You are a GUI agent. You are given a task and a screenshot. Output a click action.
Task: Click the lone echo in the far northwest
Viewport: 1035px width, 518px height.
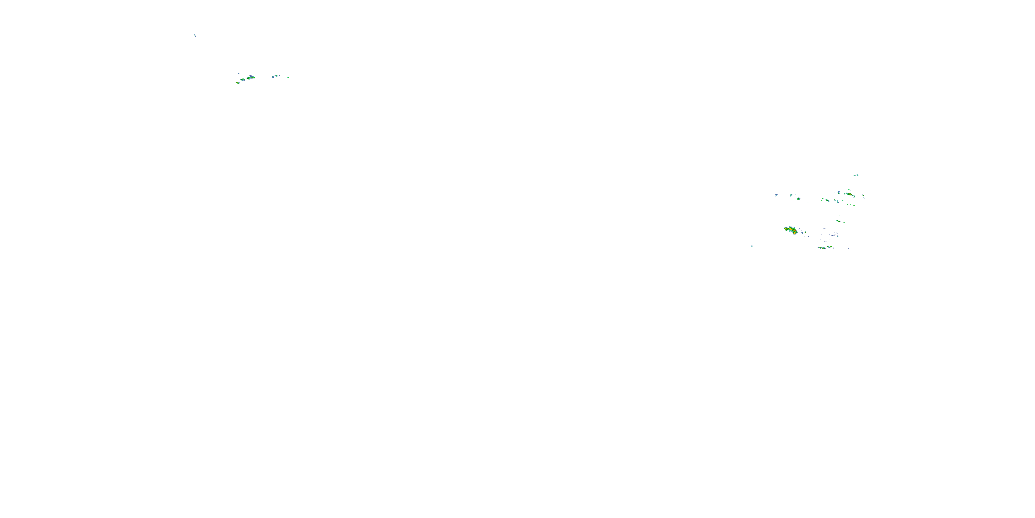(x=195, y=35)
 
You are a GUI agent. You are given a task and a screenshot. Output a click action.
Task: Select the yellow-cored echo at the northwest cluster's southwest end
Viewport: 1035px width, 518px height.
(x=237, y=83)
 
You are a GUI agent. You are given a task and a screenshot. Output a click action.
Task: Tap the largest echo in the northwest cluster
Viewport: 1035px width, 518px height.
(x=251, y=77)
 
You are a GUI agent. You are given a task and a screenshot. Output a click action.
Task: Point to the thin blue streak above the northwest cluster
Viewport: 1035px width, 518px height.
(x=239, y=73)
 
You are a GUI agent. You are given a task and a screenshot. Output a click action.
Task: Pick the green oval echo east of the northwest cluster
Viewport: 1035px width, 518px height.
(x=275, y=76)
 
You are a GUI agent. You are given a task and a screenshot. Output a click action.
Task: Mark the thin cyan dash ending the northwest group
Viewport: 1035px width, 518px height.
(x=288, y=78)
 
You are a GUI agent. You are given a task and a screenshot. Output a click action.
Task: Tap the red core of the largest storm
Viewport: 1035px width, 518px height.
(x=794, y=232)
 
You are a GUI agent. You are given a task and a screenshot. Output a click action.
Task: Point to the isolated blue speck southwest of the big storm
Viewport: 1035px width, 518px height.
(x=752, y=246)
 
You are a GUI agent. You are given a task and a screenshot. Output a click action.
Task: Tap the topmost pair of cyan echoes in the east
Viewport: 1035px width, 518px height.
(x=856, y=175)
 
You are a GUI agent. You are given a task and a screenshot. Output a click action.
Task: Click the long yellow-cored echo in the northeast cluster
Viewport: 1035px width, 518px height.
(x=849, y=195)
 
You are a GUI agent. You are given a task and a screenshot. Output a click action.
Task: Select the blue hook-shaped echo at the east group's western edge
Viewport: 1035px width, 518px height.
(x=776, y=195)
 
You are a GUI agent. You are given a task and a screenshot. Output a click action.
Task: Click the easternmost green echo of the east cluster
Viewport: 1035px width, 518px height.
(x=864, y=196)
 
